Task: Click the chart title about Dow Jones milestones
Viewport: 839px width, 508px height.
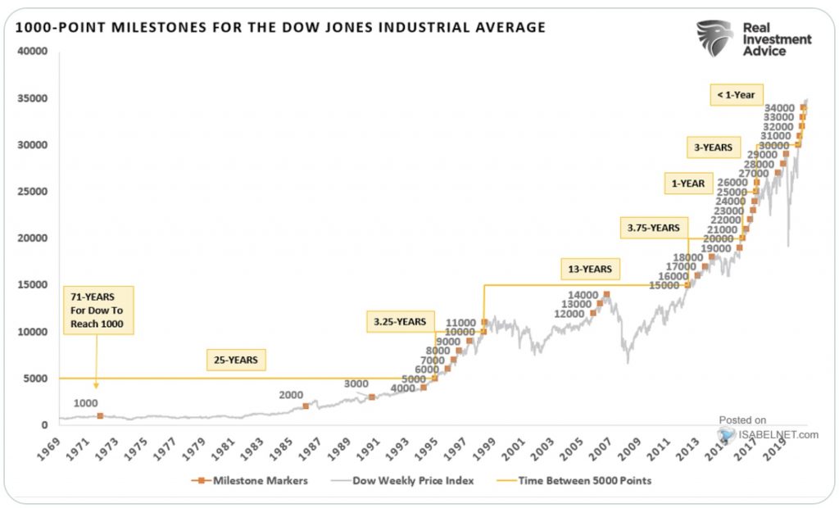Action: pos(280,28)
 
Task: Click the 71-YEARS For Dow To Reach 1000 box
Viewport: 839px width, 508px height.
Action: pos(98,310)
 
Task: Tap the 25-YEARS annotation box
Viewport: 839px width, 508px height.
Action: pos(235,358)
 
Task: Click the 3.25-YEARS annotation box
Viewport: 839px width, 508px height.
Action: pos(401,322)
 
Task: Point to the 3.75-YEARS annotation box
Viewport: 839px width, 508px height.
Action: pos(654,227)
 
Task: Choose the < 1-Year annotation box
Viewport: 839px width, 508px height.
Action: pos(735,95)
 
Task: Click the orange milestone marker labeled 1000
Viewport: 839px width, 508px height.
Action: pos(101,416)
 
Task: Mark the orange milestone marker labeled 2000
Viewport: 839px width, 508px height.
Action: pos(306,406)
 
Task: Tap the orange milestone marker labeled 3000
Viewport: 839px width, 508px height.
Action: pos(372,397)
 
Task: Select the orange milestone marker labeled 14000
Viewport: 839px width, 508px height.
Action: pos(606,294)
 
